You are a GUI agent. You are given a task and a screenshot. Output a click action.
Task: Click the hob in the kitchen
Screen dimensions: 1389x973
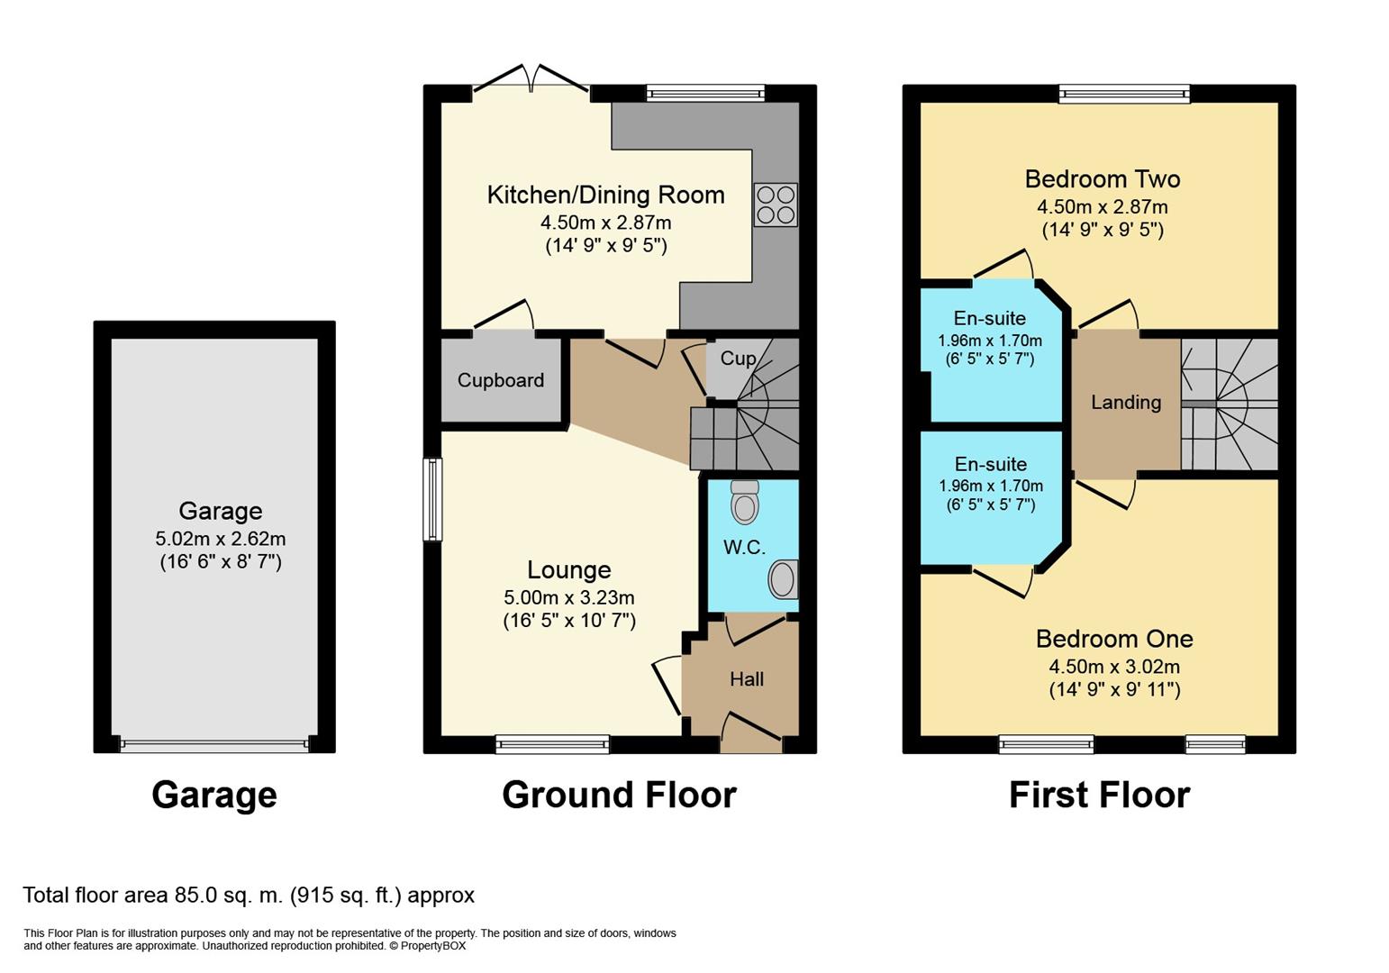click(x=776, y=205)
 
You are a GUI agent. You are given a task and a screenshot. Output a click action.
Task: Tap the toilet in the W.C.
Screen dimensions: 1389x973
click(x=745, y=501)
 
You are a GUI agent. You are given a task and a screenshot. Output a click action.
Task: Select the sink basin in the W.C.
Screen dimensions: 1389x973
click(x=783, y=579)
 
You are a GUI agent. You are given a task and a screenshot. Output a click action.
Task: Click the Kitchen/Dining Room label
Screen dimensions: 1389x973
click(x=606, y=195)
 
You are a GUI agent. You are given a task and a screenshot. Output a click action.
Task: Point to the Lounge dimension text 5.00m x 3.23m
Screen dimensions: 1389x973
click(x=568, y=597)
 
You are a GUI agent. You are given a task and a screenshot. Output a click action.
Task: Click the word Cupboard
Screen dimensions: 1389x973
click(x=501, y=379)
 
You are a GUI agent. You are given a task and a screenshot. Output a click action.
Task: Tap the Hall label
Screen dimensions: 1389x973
click(x=747, y=679)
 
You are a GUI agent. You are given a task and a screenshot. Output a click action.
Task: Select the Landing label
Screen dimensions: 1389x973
click(x=1126, y=403)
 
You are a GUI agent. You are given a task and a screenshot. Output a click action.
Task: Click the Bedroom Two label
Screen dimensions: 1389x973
click(x=1103, y=178)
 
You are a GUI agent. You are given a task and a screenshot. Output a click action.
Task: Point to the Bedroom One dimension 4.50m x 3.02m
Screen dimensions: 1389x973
click(x=1114, y=667)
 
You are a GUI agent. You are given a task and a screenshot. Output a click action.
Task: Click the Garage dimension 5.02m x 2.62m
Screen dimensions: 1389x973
click(x=220, y=538)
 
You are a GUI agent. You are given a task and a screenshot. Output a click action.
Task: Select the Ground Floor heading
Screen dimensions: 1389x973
click(x=619, y=795)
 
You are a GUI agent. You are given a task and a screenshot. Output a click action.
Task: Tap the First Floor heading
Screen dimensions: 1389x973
click(x=1100, y=795)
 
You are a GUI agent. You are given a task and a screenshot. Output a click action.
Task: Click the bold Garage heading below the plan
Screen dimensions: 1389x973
click(x=213, y=796)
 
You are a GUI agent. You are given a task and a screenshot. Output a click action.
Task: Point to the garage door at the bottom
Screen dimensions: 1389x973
click(x=214, y=745)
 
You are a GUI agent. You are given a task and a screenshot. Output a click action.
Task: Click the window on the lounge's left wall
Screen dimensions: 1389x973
click(x=432, y=499)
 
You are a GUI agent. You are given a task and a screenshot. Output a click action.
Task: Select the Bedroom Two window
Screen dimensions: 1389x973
click(x=1124, y=94)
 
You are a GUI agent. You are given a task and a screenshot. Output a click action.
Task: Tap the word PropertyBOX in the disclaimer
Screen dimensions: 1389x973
click(x=432, y=946)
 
